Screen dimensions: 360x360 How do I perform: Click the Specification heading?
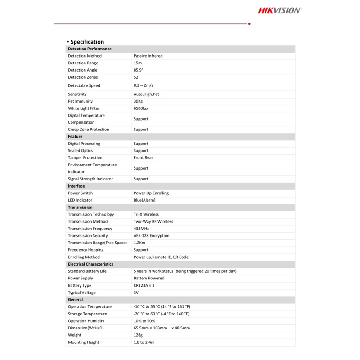pos(87,42)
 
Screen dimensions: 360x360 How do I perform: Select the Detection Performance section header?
pos(90,49)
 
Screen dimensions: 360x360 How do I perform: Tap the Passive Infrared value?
pos(148,56)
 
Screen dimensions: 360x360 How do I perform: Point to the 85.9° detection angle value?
pos(138,70)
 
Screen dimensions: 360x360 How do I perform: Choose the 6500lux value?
pos(142,108)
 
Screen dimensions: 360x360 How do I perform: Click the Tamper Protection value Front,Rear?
pos(143,157)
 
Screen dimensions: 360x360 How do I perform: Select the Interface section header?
pos(76,186)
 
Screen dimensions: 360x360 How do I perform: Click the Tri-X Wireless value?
pos(146,214)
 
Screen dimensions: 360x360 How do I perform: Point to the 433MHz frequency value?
pos(141,229)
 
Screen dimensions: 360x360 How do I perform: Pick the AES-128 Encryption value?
pos(152,236)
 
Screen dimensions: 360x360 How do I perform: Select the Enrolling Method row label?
pos(84,257)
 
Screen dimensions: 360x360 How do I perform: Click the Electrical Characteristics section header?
pos(90,264)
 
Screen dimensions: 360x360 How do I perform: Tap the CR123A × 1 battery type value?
pos(144,285)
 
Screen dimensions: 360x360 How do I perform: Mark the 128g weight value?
pos(138,335)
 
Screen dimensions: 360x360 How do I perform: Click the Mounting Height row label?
pos(83,342)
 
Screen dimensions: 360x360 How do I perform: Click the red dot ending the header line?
pos(249,23)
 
